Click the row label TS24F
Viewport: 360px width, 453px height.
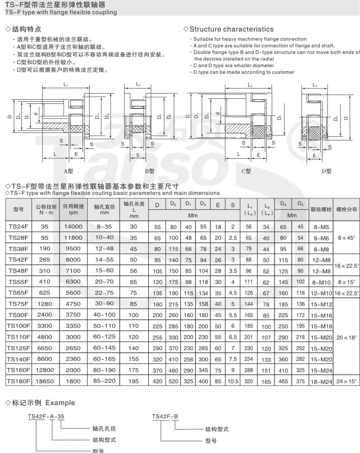tap(18, 227)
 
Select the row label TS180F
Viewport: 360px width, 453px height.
tap(18, 381)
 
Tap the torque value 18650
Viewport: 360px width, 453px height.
tap(44, 381)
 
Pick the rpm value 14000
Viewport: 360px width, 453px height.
tap(72, 227)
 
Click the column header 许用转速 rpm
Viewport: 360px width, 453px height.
tap(72, 210)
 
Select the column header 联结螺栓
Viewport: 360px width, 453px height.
tap(321, 209)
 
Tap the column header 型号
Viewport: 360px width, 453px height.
tap(18, 209)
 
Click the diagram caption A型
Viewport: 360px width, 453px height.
tap(69, 171)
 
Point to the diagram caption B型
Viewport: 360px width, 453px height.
tap(149, 171)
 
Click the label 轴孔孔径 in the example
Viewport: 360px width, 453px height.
tap(104, 429)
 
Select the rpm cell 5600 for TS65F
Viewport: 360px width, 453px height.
tap(72, 293)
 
